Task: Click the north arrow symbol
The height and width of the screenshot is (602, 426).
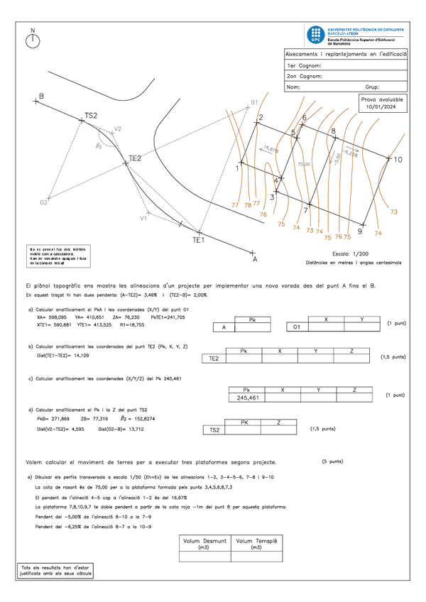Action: pos(33,40)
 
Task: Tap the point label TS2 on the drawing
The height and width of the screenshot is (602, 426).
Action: pos(91,115)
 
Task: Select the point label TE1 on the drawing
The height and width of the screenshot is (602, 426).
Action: pos(199,241)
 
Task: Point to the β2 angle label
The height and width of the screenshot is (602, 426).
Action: pos(99,146)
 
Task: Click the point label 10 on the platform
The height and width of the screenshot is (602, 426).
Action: pos(398,160)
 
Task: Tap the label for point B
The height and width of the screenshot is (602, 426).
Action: pos(42,96)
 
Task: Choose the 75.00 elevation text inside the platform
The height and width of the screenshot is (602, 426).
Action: pos(303,164)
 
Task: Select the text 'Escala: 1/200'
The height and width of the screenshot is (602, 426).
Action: pos(351,253)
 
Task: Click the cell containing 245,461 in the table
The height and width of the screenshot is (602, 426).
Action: pos(247,398)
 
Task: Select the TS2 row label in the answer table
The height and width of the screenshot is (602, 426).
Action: pos(214,430)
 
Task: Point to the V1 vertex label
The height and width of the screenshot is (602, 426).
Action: pos(143,219)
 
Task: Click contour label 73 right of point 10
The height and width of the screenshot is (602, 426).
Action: pos(394,212)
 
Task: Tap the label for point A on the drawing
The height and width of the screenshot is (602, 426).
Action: pos(254,261)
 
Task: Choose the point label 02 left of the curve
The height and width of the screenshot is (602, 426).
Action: pos(43,202)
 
